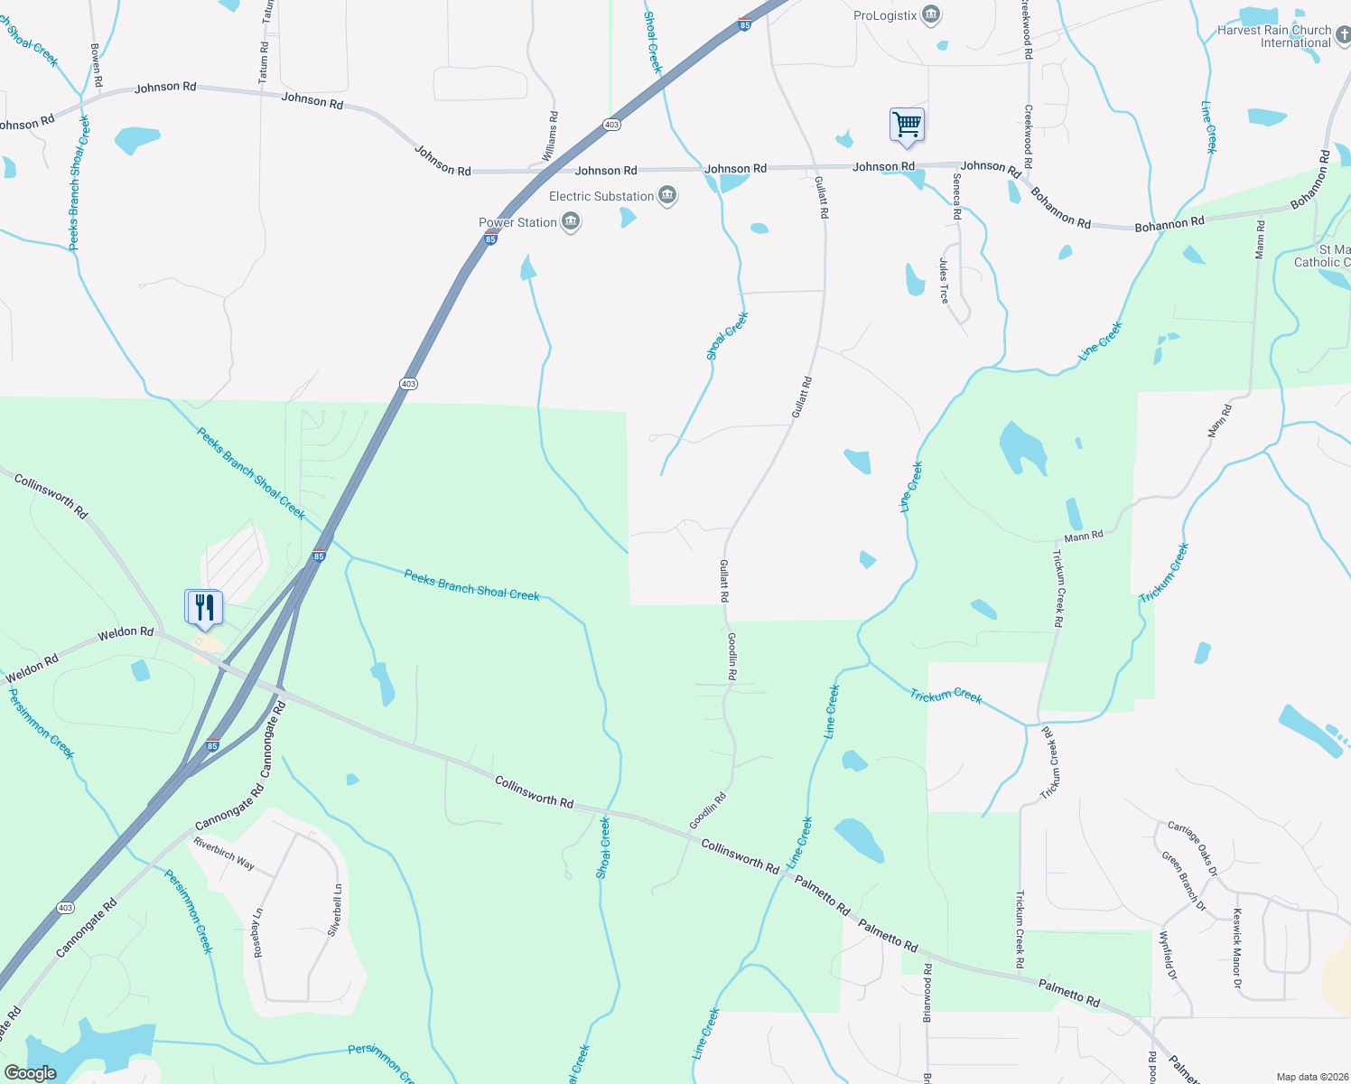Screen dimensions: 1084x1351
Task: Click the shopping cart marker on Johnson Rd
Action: pos(907,125)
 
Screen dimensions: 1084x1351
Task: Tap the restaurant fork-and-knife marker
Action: pos(204,607)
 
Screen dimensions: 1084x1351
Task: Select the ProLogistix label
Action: pos(885,15)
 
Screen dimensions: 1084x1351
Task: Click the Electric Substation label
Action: pos(601,196)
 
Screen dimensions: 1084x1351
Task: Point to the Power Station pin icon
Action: pos(571,222)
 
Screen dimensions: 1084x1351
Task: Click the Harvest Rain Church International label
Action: pos(1274,36)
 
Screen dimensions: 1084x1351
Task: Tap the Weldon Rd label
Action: pos(126,632)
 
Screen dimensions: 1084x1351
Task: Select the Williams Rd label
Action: pos(550,136)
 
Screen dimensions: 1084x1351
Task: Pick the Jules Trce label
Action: pos(944,281)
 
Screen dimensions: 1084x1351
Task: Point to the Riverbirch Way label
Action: pos(224,854)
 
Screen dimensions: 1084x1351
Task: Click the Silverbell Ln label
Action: pos(335,909)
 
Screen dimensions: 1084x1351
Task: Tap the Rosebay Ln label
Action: pos(258,933)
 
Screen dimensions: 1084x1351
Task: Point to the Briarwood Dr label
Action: pos(927,994)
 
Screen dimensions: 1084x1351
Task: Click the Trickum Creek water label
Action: pos(946,696)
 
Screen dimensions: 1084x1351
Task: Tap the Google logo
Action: pos(31,1073)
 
